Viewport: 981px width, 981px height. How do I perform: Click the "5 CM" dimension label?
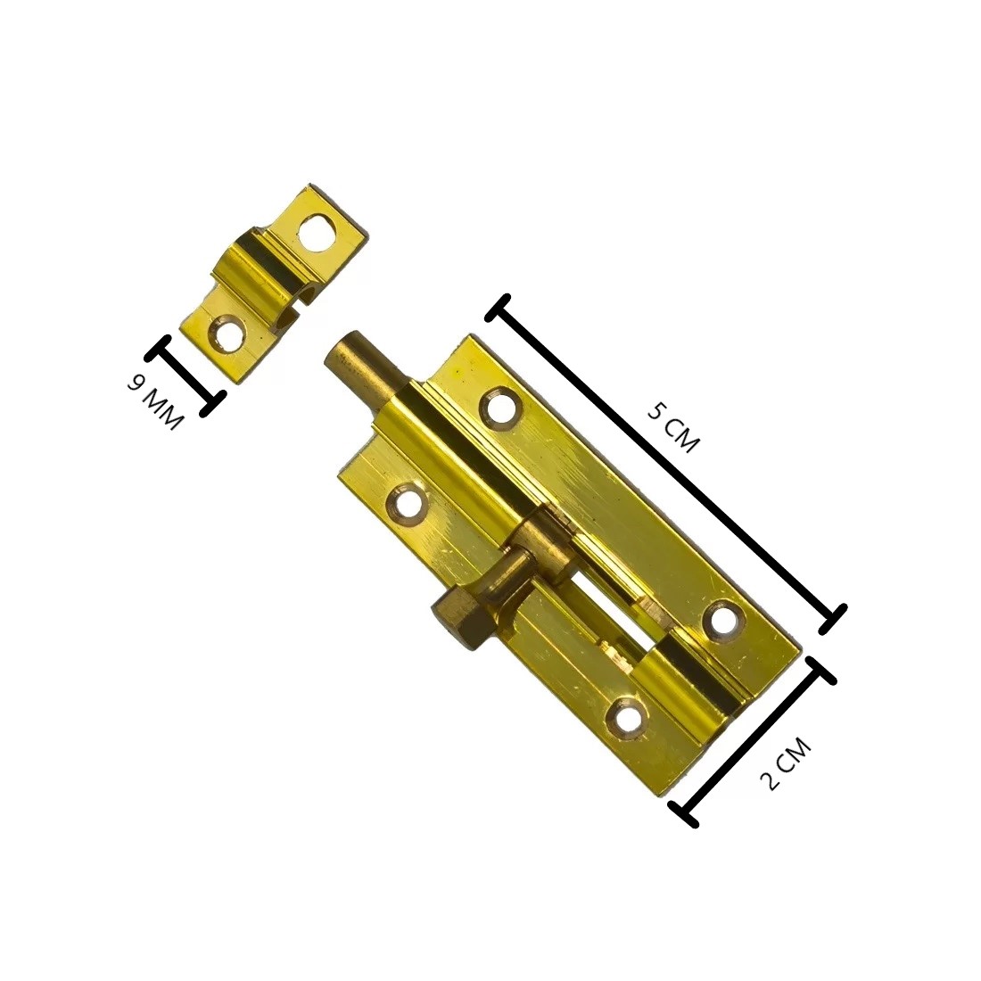point(672,428)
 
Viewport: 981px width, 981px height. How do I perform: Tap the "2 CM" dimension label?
point(785,764)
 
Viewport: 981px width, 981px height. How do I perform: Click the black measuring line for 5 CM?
point(666,464)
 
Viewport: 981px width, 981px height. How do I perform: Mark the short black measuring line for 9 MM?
point(185,375)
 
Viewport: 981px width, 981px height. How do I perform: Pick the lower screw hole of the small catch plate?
point(226,333)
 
